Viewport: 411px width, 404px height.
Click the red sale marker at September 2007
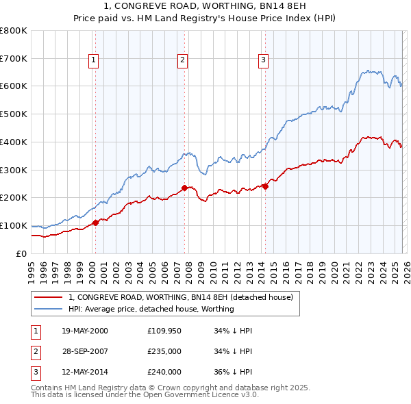(185, 188)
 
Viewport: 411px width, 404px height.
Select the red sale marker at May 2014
(265, 186)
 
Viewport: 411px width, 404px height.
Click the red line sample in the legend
(48, 297)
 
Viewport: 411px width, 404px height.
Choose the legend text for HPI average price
(151, 309)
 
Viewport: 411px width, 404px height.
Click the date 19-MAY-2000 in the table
(84, 331)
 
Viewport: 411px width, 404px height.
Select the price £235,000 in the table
(164, 351)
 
